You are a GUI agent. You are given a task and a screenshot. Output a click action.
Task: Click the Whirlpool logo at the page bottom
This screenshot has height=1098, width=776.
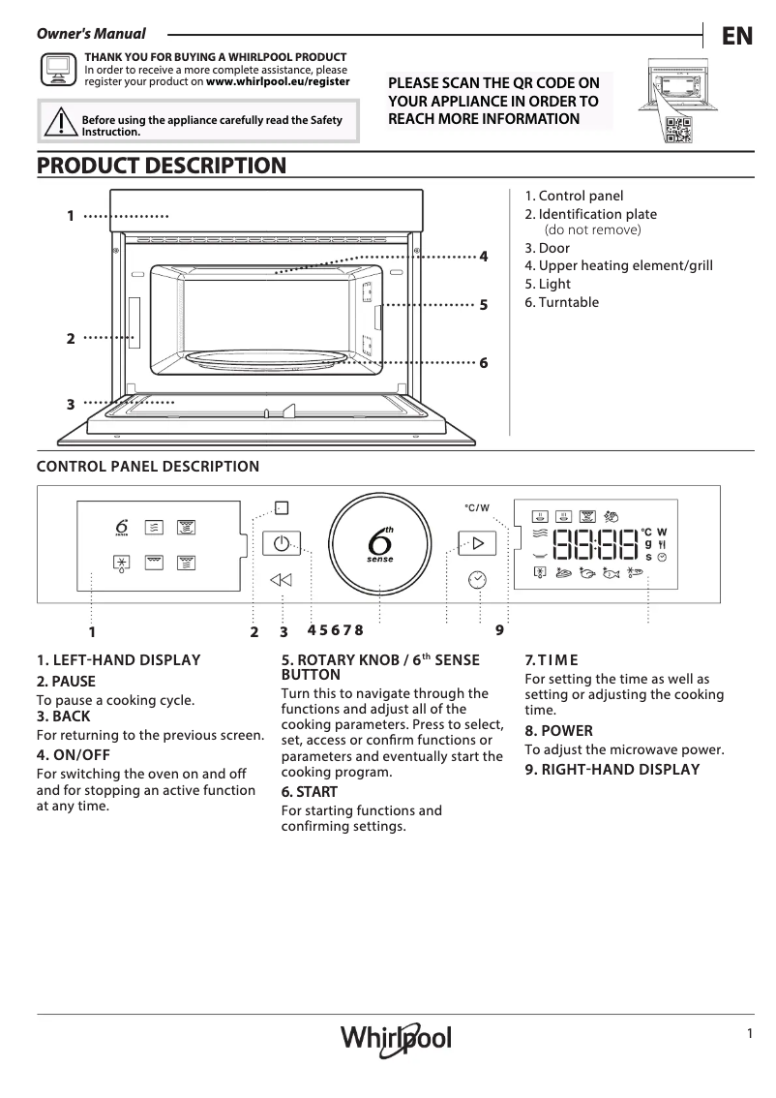point(395,1038)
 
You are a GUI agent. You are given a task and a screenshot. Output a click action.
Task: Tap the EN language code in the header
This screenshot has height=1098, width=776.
point(736,36)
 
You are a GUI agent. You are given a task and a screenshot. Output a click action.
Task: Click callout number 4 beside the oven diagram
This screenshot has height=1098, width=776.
point(484,257)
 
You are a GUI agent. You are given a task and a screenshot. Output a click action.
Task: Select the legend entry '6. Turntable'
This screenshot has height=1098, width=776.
point(561,302)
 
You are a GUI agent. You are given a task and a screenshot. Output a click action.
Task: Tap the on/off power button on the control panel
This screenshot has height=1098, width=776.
point(281,543)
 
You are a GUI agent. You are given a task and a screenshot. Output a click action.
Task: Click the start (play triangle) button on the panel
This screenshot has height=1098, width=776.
point(477,542)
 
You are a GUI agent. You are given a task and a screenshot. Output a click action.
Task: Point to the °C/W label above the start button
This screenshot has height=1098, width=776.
point(476,507)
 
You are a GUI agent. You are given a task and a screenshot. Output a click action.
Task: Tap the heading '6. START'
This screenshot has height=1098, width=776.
point(310,792)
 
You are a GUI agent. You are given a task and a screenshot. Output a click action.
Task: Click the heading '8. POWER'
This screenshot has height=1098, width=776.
point(558,731)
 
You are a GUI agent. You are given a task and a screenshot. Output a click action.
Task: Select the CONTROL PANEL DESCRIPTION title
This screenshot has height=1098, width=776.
point(148,467)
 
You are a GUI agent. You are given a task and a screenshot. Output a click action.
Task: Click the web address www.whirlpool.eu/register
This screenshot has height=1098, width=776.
point(278,82)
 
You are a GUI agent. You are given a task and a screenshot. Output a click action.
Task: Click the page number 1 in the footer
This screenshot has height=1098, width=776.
point(749,1033)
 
